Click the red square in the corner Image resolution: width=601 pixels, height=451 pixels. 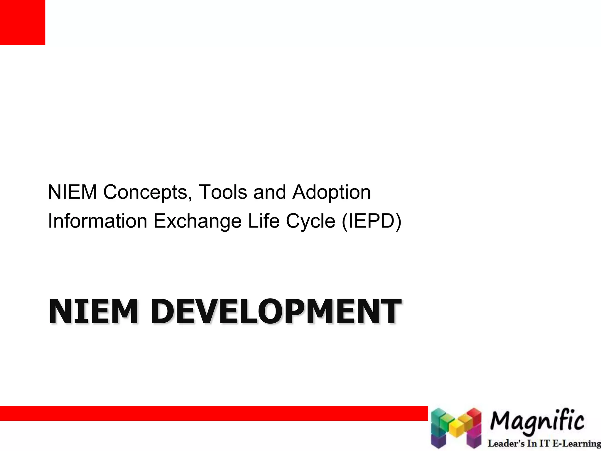[22, 22]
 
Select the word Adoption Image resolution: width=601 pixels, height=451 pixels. [331, 192]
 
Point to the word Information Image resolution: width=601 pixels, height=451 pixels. [97, 221]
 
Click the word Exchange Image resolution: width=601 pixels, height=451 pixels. [197, 221]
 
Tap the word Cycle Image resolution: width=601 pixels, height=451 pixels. [310, 221]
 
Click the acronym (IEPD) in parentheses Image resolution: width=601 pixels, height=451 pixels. [372, 221]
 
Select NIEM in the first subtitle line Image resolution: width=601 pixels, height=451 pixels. [72, 192]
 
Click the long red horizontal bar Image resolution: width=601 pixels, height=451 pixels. [214, 413]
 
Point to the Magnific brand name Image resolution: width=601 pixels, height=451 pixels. [537, 422]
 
